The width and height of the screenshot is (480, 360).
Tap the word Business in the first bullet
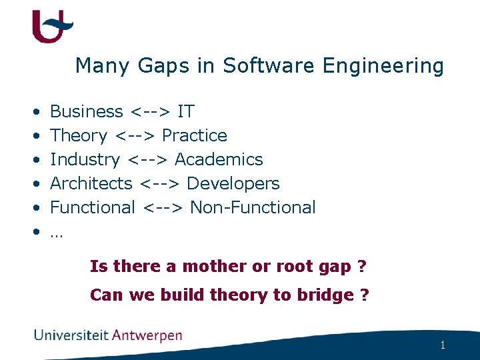point(87,111)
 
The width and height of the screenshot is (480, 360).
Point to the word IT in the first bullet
point(186,111)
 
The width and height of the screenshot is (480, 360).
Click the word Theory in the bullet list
point(79,135)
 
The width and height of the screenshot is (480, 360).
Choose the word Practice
point(195,135)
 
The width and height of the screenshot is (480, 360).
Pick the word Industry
point(85,159)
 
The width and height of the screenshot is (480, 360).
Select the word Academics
point(219,159)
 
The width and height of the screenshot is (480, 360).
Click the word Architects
point(91,183)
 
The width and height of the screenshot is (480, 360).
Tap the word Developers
point(233,183)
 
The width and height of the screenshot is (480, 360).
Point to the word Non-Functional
point(253,207)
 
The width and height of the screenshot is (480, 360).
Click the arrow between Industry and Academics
point(147,159)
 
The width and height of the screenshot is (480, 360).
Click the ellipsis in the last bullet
point(56,233)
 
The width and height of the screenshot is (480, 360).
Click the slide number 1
point(442,345)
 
